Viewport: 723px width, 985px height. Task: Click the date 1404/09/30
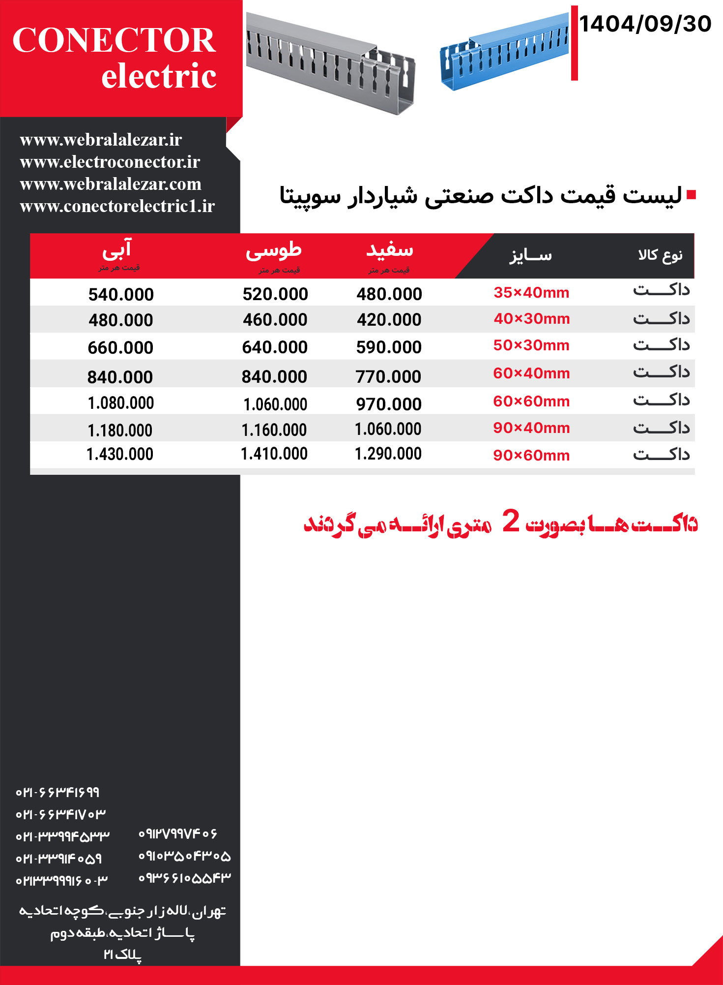coord(645,24)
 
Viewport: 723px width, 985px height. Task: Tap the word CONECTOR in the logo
coord(114,40)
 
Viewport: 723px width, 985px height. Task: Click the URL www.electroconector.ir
coord(110,162)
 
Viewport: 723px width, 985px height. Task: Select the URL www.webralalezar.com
coord(111,184)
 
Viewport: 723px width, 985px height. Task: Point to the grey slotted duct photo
coord(330,63)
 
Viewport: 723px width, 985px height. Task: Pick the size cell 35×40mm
coord(531,293)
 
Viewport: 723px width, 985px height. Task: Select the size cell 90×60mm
coord(531,456)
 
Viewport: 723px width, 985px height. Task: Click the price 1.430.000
coord(120,454)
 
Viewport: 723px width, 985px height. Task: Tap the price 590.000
coord(389,347)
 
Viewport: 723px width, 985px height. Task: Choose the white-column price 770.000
coord(388,377)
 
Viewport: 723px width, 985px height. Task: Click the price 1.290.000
coord(388,454)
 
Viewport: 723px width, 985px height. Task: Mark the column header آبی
coord(117,250)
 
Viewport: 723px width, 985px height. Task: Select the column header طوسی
coord(274,250)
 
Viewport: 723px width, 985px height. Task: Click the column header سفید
coord(389,250)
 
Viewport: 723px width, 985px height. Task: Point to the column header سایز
coord(530,255)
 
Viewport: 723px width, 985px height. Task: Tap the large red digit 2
coord(511,521)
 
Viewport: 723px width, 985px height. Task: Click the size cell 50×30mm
coord(531,345)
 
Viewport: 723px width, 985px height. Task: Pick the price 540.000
coord(121,295)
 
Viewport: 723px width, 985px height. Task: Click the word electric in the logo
coord(159,76)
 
